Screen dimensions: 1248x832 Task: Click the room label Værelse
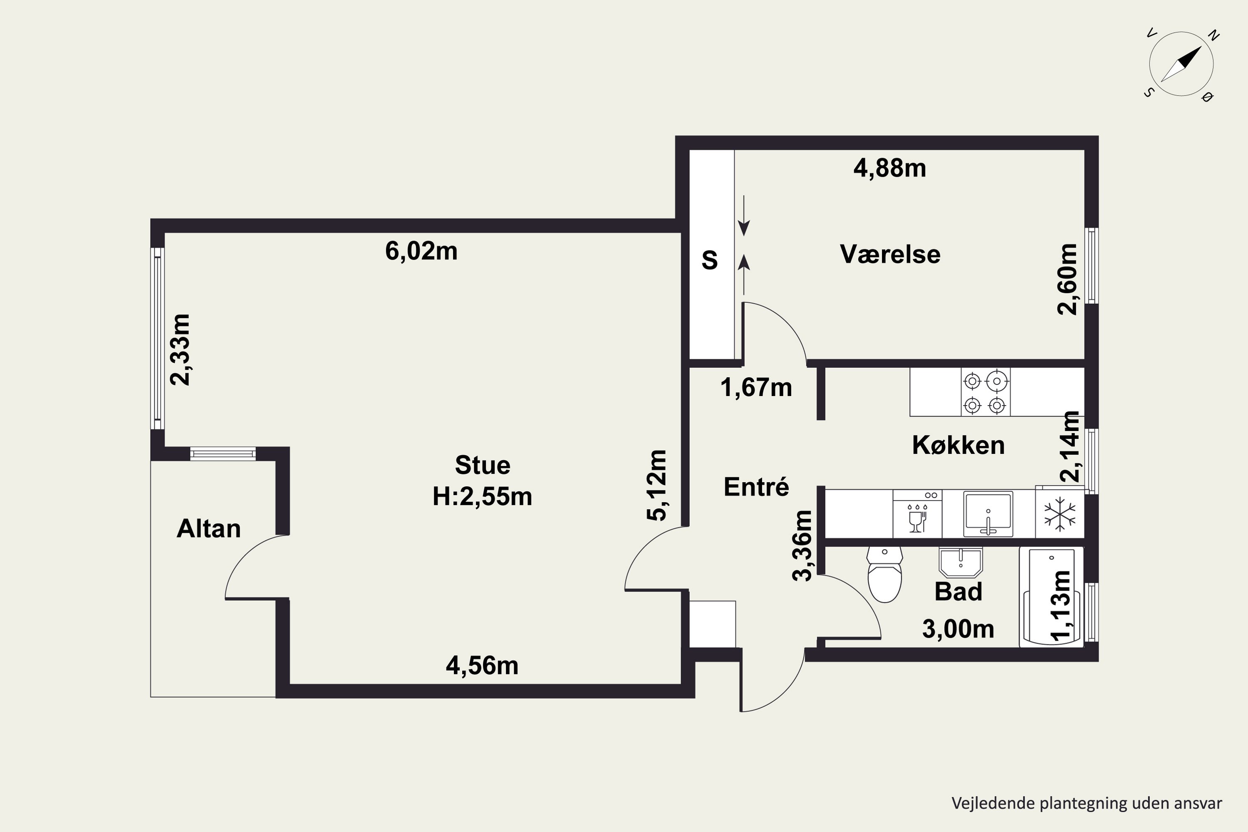click(890, 254)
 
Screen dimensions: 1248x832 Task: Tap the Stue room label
click(482, 466)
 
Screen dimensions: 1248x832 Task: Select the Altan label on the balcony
click(208, 528)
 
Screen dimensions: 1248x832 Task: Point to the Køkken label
click(958, 445)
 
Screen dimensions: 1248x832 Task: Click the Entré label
click(756, 487)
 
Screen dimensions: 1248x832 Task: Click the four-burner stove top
click(986, 393)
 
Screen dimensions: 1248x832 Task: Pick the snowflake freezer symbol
click(1059, 514)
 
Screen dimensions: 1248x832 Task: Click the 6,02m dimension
click(421, 250)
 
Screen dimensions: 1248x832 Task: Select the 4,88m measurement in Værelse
click(890, 168)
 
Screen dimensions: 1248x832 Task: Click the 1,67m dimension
click(756, 387)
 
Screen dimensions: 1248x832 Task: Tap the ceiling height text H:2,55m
click(482, 497)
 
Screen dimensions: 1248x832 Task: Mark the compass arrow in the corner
click(1181, 64)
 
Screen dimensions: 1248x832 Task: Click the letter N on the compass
click(1213, 35)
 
